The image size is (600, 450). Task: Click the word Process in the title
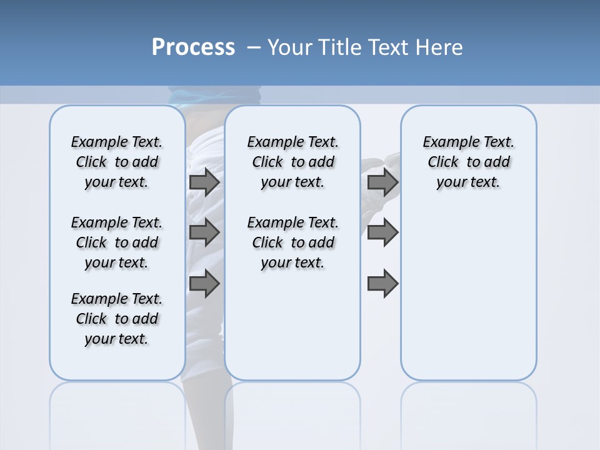coord(193,47)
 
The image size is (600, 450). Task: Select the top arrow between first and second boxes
coord(204,182)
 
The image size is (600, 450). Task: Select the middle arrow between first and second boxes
coord(204,232)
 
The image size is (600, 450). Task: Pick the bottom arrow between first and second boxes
coord(204,283)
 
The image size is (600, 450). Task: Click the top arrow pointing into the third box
coord(382,182)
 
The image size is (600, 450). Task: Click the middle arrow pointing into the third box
coord(382,232)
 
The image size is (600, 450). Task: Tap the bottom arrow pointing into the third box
coord(382,283)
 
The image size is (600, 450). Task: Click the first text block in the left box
coord(117,162)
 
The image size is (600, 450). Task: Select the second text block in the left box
coord(117,242)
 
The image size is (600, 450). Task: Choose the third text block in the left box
coord(117,319)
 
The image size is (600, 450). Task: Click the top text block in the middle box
coord(292,162)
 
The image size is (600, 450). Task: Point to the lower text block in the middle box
coord(292,242)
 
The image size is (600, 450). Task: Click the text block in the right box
coord(468,162)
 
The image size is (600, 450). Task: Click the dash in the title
coord(254,47)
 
